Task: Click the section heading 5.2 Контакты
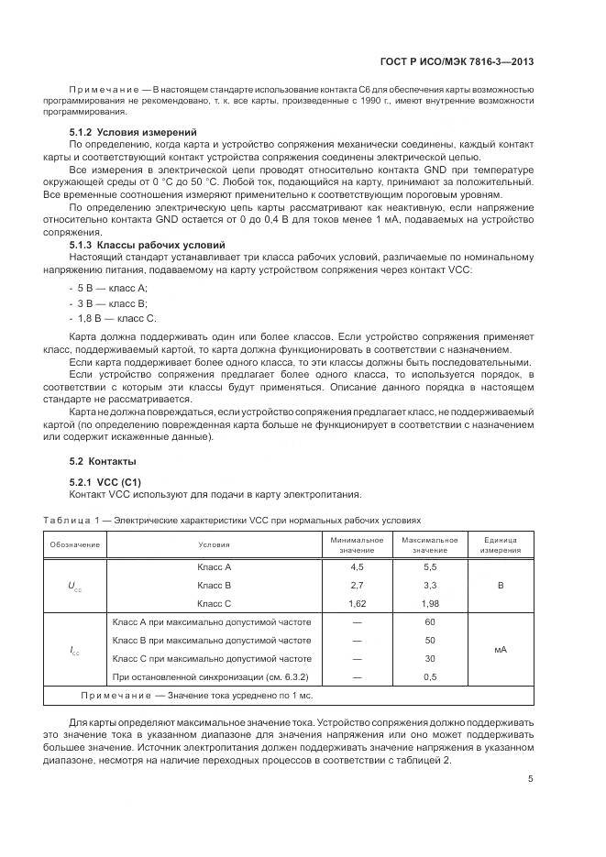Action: point(103,460)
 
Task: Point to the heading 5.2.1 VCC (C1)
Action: point(105,481)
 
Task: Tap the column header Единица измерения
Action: point(501,544)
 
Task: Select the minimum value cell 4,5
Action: point(357,567)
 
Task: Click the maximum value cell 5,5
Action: point(429,567)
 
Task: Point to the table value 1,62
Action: point(357,604)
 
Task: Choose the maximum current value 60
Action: point(429,622)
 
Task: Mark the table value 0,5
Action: point(429,677)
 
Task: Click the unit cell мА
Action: point(501,650)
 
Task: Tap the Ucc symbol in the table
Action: point(74,586)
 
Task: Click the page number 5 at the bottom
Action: point(531,779)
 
